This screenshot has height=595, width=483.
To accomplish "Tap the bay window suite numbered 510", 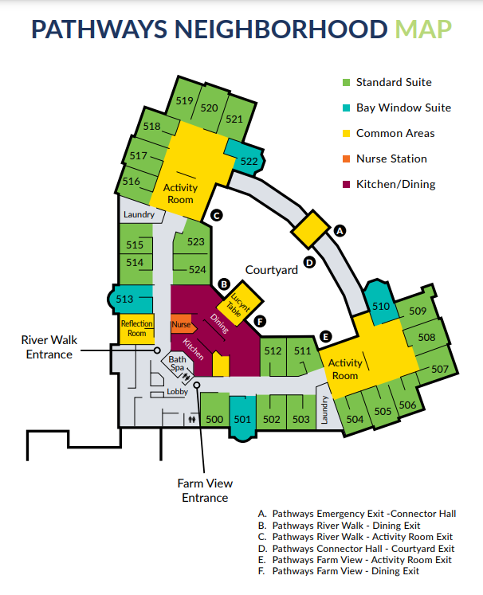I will point(381,307).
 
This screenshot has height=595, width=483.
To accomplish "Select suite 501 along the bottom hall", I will point(243,420).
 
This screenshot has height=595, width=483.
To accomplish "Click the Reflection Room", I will point(136,328).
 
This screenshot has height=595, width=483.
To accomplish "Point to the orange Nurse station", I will point(182,325).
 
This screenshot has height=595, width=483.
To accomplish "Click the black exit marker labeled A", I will point(340,230).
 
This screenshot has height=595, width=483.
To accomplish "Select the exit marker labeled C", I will point(216,214).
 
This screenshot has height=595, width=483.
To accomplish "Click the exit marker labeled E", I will point(324,336).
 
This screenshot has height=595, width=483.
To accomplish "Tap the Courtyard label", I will point(271,270).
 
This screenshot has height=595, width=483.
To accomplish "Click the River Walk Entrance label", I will point(49,347).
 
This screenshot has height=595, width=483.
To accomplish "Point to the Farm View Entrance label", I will point(205,490).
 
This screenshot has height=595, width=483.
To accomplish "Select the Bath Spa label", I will point(176,365).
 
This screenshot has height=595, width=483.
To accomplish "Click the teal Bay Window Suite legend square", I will point(345,108).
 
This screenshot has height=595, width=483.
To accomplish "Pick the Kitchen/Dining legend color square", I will point(345,184).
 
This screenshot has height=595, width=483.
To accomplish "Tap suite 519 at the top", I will point(185,101).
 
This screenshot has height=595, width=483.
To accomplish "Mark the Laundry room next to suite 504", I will point(324,408).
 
